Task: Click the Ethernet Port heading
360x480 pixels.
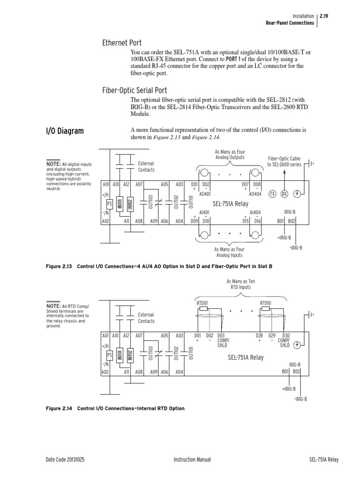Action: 122,44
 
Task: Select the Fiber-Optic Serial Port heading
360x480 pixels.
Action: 135,90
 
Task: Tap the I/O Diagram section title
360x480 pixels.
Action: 65,131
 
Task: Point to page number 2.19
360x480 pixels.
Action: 323,15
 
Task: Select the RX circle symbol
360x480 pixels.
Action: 284,194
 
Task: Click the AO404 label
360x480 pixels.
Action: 255,194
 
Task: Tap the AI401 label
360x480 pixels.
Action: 204,212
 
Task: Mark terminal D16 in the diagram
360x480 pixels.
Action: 257,220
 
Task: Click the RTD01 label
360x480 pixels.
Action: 202,303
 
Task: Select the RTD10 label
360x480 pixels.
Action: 265,303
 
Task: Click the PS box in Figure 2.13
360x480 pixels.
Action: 110,204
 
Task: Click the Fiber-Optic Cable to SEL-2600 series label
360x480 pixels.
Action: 284,162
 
